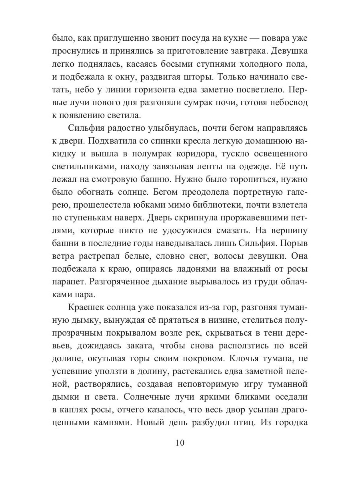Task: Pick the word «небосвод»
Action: (x=286, y=103)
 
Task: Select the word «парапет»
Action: (x=68, y=281)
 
